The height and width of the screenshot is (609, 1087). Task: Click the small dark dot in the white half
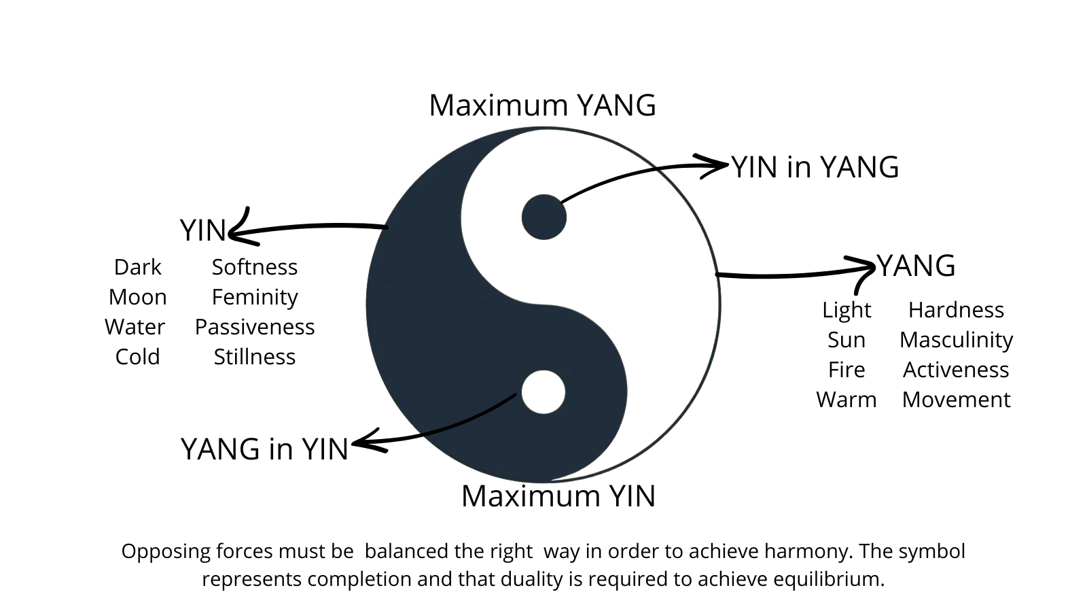click(544, 217)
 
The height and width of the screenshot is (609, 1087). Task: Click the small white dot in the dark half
click(543, 392)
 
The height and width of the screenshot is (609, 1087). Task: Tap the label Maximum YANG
click(542, 105)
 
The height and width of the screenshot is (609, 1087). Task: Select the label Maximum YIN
click(558, 496)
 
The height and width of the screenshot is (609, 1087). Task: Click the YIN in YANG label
click(815, 167)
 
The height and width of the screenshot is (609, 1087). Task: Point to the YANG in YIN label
click(264, 449)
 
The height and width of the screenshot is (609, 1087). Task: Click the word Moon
click(137, 297)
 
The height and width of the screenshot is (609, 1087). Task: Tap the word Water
click(135, 327)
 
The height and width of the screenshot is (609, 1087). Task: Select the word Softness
click(254, 267)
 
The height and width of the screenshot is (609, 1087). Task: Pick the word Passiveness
click(254, 327)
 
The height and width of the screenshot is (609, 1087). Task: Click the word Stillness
click(254, 357)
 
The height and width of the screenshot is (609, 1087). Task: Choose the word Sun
click(846, 340)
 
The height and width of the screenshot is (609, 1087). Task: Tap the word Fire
click(846, 370)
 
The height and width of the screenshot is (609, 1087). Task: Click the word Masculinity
click(956, 340)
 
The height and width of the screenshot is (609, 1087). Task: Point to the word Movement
click(956, 400)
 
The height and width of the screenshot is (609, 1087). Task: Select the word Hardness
click(956, 310)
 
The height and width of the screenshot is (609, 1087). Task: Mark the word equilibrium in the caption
click(825, 579)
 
